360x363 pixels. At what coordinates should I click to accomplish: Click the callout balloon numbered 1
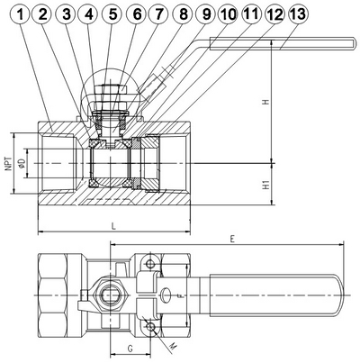(21, 14)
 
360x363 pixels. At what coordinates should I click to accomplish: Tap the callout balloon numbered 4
(88, 14)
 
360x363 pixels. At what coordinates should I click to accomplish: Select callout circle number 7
(159, 14)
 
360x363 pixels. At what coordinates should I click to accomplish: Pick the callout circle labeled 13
(298, 14)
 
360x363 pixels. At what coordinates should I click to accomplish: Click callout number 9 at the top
(206, 14)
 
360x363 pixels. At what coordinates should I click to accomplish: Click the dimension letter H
(265, 102)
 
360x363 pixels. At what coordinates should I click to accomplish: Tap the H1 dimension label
(265, 185)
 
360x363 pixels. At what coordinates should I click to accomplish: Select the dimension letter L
(113, 226)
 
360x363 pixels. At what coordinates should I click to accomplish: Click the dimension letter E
(232, 239)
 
